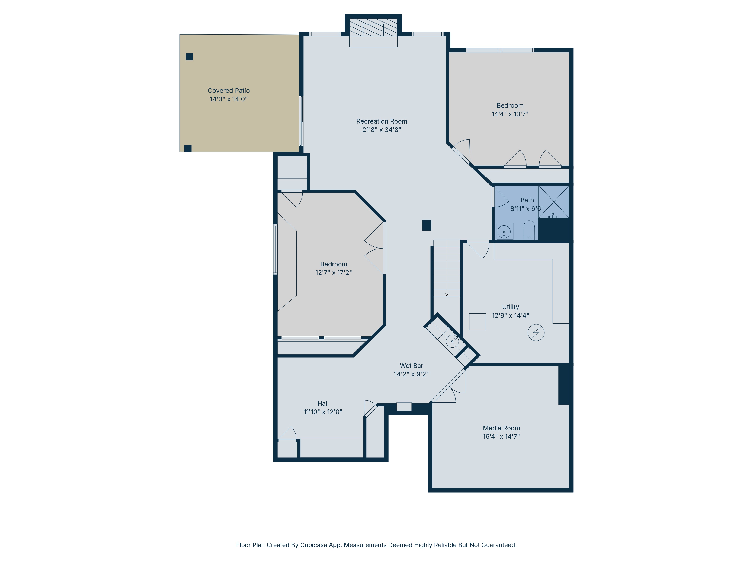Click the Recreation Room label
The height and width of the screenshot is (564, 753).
382,121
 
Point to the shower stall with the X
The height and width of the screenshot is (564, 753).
553,201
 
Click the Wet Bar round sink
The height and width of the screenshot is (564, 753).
452,341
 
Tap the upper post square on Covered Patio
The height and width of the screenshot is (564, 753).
189,57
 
